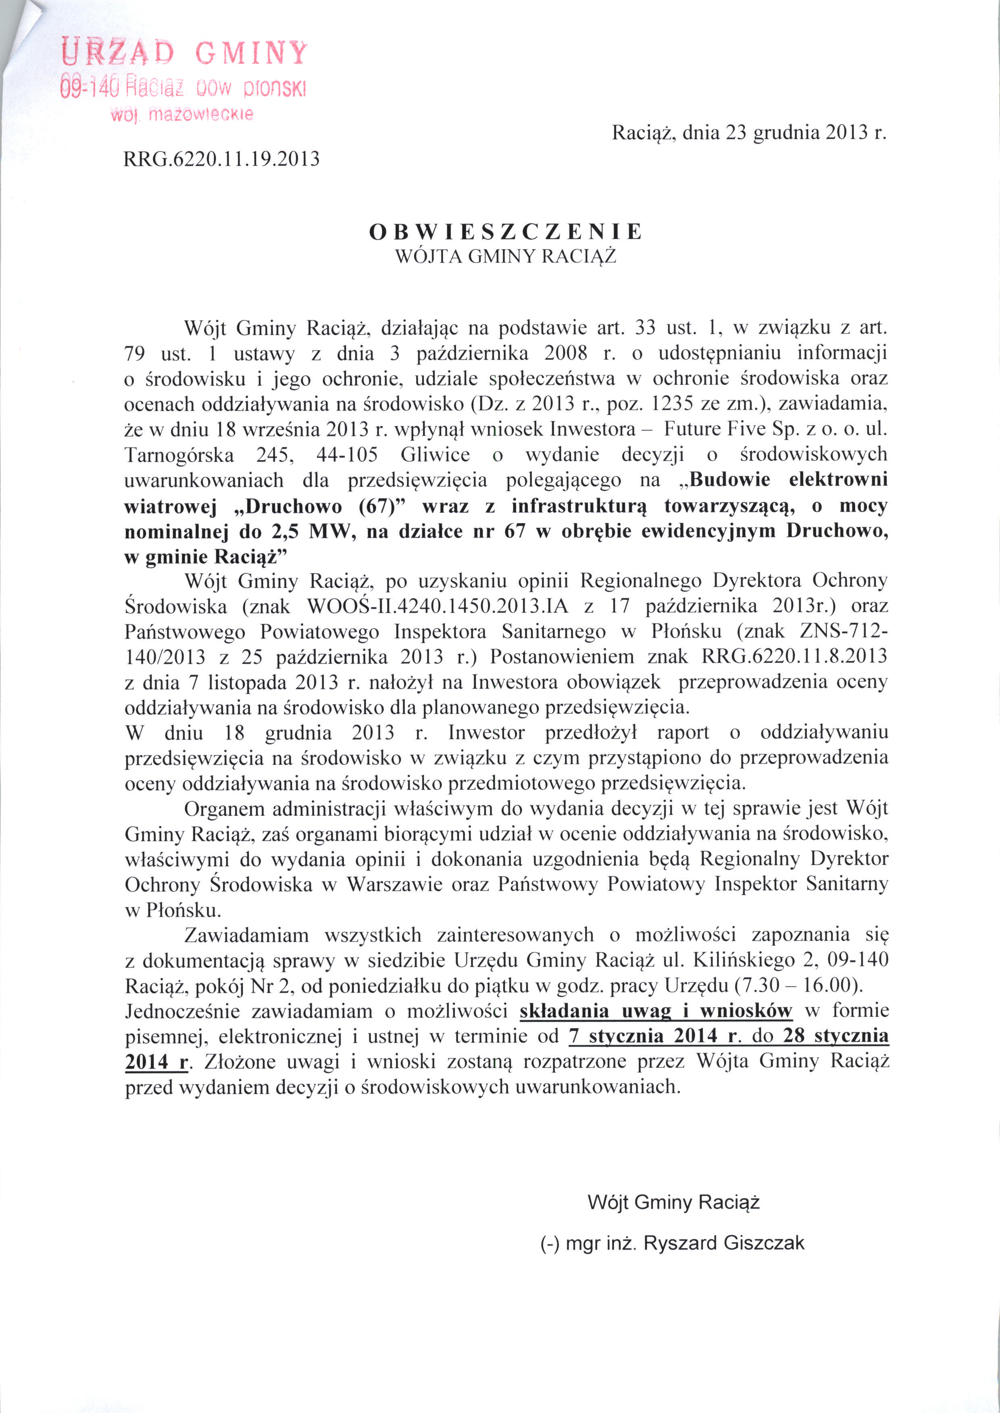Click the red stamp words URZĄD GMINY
[184, 53]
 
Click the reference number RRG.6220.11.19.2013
[222, 159]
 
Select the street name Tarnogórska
[179, 455]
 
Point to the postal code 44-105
[347, 455]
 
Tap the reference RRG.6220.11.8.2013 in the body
[794, 657]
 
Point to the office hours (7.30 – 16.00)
[798, 986]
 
